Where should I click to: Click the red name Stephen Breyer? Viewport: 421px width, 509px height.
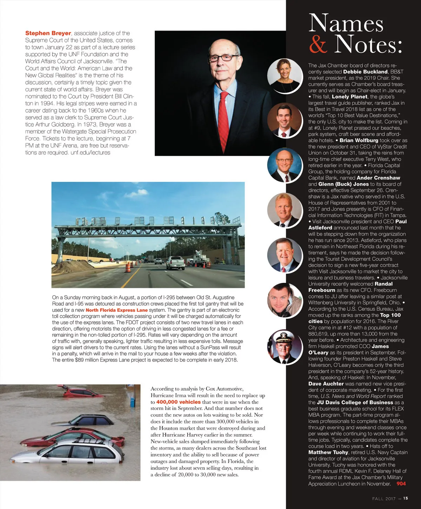click(x=48, y=33)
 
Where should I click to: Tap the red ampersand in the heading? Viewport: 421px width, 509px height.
click(x=318, y=45)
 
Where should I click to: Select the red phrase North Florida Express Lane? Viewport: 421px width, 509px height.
click(x=116, y=310)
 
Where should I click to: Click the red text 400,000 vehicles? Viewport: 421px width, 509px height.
click(x=178, y=402)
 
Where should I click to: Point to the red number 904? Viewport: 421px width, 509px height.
click(x=401, y=484)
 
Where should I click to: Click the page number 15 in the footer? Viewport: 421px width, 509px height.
click(x=406, y=498)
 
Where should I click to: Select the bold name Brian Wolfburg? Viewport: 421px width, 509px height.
click(x=359, y=140)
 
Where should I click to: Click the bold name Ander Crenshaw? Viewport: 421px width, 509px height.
click(x=378, y=178)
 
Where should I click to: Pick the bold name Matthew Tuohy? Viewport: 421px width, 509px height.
click(x=328, y=452)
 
